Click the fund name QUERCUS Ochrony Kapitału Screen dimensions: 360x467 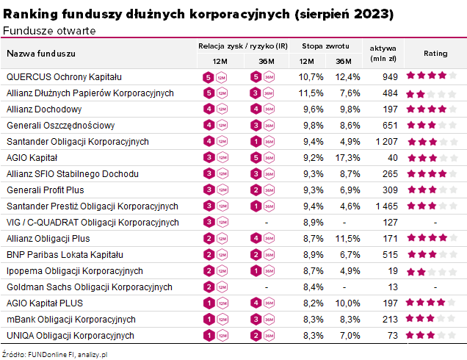[x=64, y=76]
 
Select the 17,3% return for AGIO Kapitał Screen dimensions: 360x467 [x=349, y=157]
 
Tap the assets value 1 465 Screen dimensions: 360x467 [x=385, y=206]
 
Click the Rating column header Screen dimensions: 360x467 [x=435, y=53]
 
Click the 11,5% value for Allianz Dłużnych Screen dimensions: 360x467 [x=311, y=93]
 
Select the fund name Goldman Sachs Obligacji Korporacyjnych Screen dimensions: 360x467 [x=90, y=287]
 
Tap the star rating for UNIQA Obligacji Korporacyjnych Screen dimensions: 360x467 [x=432, y=335]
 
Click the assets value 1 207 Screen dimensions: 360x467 [x=385, y=141]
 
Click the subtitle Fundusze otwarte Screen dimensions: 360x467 [x=49, y=30]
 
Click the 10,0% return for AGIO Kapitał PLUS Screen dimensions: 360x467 [x=349, y=303]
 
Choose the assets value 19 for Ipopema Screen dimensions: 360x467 [x=393, y=270]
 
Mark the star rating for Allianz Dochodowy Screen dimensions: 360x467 [x=432, y=109]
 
